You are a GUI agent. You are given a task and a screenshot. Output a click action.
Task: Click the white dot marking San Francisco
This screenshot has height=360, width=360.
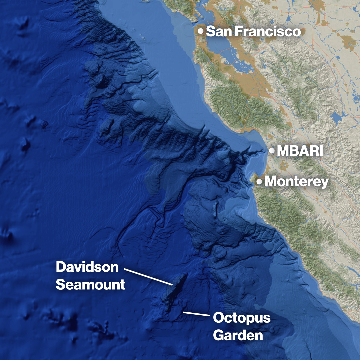[x=201, y=31]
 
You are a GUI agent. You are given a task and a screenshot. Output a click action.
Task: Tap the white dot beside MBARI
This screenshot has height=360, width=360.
[x=272, y=151]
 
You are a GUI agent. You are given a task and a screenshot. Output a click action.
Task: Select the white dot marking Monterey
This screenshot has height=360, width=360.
[x=259, y=182]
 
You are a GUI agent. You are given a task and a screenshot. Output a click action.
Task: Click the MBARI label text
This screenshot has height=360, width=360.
[x=300, y=151]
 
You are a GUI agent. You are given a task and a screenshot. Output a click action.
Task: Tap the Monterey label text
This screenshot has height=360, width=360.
[x=296, y=182]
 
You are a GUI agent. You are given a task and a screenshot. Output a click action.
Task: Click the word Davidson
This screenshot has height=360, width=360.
[x=87, y=267]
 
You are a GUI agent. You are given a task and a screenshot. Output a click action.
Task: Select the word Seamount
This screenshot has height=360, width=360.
[x=90, y=285]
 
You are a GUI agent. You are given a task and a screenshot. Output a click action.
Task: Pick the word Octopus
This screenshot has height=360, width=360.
[x=242, y=318]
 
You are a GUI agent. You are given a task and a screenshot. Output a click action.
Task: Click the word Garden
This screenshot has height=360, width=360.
[x=238, y=335]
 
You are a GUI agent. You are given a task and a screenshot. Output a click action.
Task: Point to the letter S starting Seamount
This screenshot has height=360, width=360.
[x=60, y=285]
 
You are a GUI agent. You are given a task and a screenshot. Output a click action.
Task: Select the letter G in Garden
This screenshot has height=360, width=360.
[x=219, y=335]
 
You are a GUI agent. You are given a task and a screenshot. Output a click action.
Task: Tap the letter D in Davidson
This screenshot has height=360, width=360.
[x=61, y=267]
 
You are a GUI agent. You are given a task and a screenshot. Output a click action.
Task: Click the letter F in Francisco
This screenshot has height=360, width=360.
[x=239, y=32]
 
